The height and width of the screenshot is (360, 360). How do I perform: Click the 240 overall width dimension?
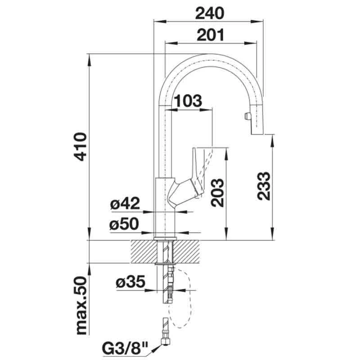pos(209,13)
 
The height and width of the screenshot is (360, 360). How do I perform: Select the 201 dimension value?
pos(210,35)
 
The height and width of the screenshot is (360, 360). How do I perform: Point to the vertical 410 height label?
pos(81,147)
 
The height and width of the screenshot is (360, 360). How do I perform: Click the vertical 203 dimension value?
pos(217,192)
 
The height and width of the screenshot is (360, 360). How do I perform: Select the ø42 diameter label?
pos(125,204)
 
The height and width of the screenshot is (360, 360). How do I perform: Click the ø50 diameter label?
pos(125,224)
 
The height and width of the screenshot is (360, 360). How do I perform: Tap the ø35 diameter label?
pos(130,283)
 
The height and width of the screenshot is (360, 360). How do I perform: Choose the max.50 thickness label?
pos(81,306)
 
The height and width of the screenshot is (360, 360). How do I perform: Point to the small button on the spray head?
pos(246,117)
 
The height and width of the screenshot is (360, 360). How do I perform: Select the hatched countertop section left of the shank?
pos(143,252)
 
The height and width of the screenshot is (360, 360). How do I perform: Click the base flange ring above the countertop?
pos(165,237)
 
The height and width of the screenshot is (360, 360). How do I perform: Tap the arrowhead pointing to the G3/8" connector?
pos(157,346)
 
